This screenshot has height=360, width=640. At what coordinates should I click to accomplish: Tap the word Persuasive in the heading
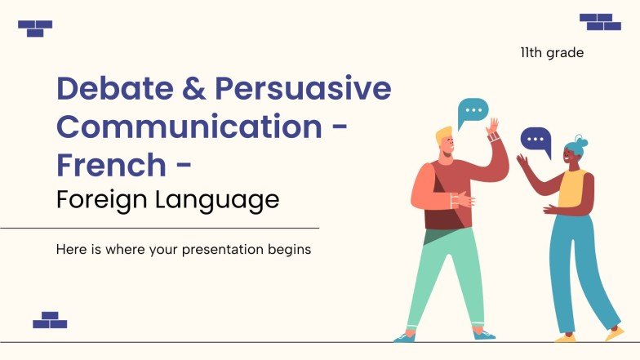pos(302,89)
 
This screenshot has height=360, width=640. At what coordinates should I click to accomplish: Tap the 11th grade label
pos(552,53)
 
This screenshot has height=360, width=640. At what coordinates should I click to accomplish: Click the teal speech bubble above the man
pos(472,111)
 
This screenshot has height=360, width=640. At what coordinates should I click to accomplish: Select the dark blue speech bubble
pos(536,140)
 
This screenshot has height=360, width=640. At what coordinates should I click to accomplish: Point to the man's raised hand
pos(493,129)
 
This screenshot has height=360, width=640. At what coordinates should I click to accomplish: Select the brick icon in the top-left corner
pos(35,29)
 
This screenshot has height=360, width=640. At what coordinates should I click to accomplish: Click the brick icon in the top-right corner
pos(601,21)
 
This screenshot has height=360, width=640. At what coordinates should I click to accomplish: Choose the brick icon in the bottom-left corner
pos(50,320)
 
